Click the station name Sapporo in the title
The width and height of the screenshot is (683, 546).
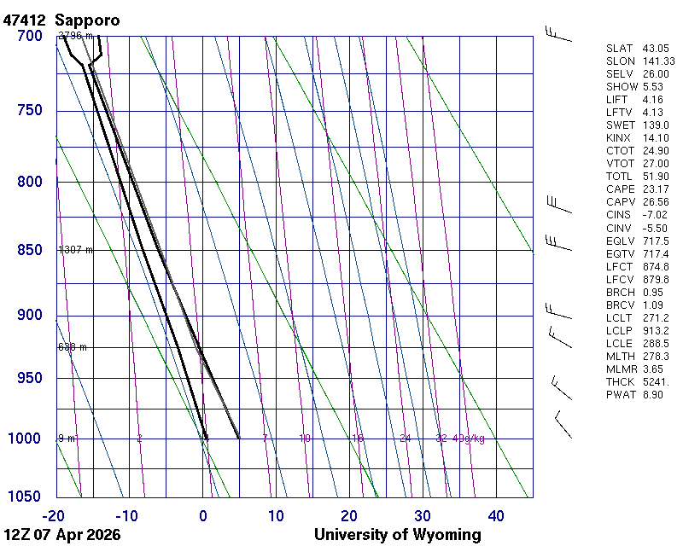pyautogui.click(x=87, y=19)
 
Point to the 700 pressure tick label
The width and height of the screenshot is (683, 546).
pyautogui.click(x=29, y=36)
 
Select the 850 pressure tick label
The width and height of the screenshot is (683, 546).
pyautogui.click(x=29, y=250)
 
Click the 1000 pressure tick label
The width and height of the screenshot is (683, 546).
pyautogui.click(x=26, y=439)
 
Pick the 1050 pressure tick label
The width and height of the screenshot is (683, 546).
pyautogui.click(x=26, y=497)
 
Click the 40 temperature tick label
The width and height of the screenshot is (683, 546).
pyautogui.click(x=496, y=515)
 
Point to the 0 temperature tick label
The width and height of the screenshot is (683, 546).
pyautogui.click(x=202, y=515)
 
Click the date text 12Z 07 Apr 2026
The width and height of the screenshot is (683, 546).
pyautogui.click(x=62, y=535)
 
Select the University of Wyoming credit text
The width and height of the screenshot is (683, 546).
pyautogui.click(x=397, y=535)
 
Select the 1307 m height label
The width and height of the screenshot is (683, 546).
pyautogui.click(x=75, y=250)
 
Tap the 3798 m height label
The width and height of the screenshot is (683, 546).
pyautogui.click(x=75, y=36)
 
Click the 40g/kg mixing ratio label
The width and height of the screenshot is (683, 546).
pyautogui.click(x=469, y=439)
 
